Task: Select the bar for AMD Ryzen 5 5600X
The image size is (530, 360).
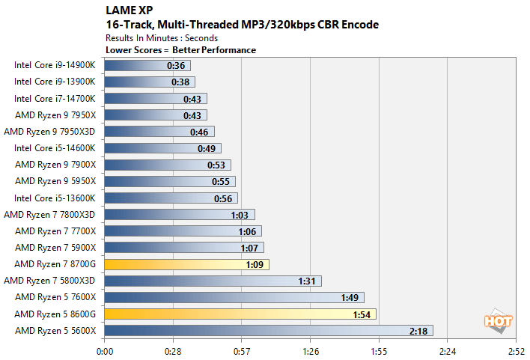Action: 268,330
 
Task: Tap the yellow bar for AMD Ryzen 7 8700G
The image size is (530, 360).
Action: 186,264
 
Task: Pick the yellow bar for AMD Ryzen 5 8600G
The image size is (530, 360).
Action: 240,314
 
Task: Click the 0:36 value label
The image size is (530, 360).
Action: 175,66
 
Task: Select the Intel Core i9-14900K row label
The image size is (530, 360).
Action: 55,65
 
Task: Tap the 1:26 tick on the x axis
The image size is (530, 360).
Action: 310,350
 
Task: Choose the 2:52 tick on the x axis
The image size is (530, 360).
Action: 516,350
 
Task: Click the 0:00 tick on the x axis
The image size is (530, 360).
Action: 105,350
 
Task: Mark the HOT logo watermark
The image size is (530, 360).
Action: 494,320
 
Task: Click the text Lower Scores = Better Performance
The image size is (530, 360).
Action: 182,50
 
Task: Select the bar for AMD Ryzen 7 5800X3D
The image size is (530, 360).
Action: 213,281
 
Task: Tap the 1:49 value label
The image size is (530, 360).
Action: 350,297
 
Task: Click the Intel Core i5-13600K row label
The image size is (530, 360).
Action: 55,198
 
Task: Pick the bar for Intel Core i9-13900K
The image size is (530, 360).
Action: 150,82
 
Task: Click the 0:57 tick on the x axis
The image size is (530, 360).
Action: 242,350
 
